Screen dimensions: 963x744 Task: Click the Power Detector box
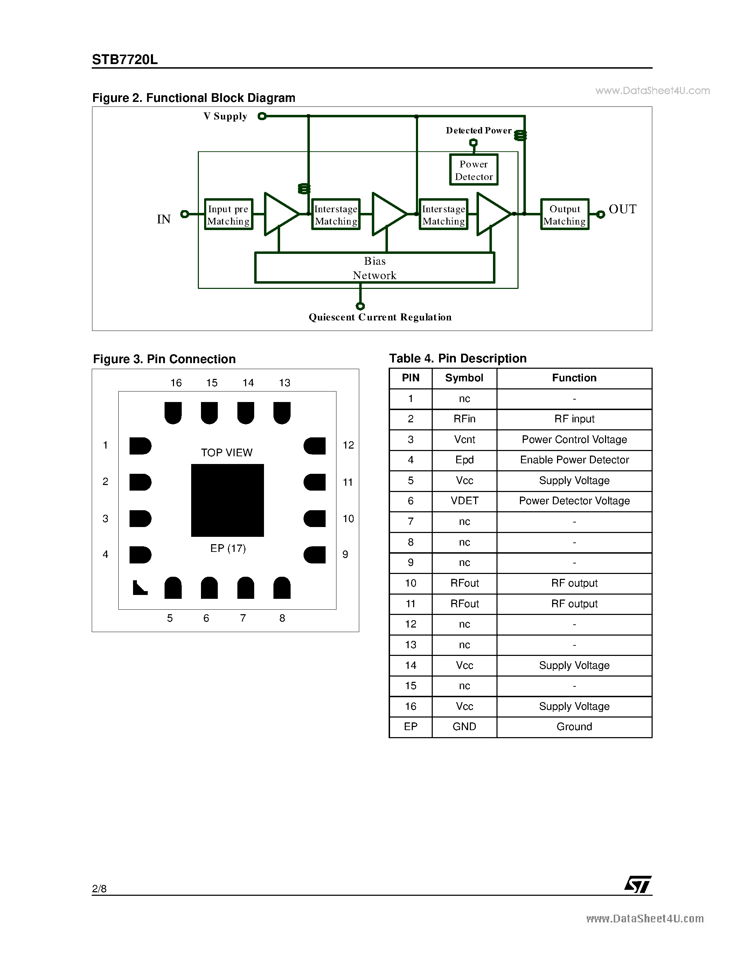coord(473,170)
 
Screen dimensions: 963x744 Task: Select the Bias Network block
coord(375,268)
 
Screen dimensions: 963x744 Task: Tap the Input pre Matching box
coord(228,214)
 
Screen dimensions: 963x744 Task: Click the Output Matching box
coord(565,214)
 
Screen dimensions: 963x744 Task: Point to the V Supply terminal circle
coord(262,116)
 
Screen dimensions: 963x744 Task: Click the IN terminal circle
coord(185,214)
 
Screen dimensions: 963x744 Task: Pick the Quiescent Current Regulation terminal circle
coord(360,306)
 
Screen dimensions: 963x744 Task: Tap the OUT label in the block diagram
coord(623,209)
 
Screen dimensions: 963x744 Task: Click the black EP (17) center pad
coord(228,500)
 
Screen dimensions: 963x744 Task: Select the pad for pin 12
coord(315,446)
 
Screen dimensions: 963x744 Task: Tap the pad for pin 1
coord(140,446)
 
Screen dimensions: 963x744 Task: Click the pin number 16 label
coord(176,383)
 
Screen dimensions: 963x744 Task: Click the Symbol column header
coord(464,378)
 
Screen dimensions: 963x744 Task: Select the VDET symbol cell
coord(464,501)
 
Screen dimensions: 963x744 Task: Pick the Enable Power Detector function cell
coord(574,460)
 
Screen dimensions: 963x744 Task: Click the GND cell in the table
coord(464,727)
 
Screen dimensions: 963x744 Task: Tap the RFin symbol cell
coord(464,419)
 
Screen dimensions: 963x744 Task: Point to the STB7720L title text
coord(125,60)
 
